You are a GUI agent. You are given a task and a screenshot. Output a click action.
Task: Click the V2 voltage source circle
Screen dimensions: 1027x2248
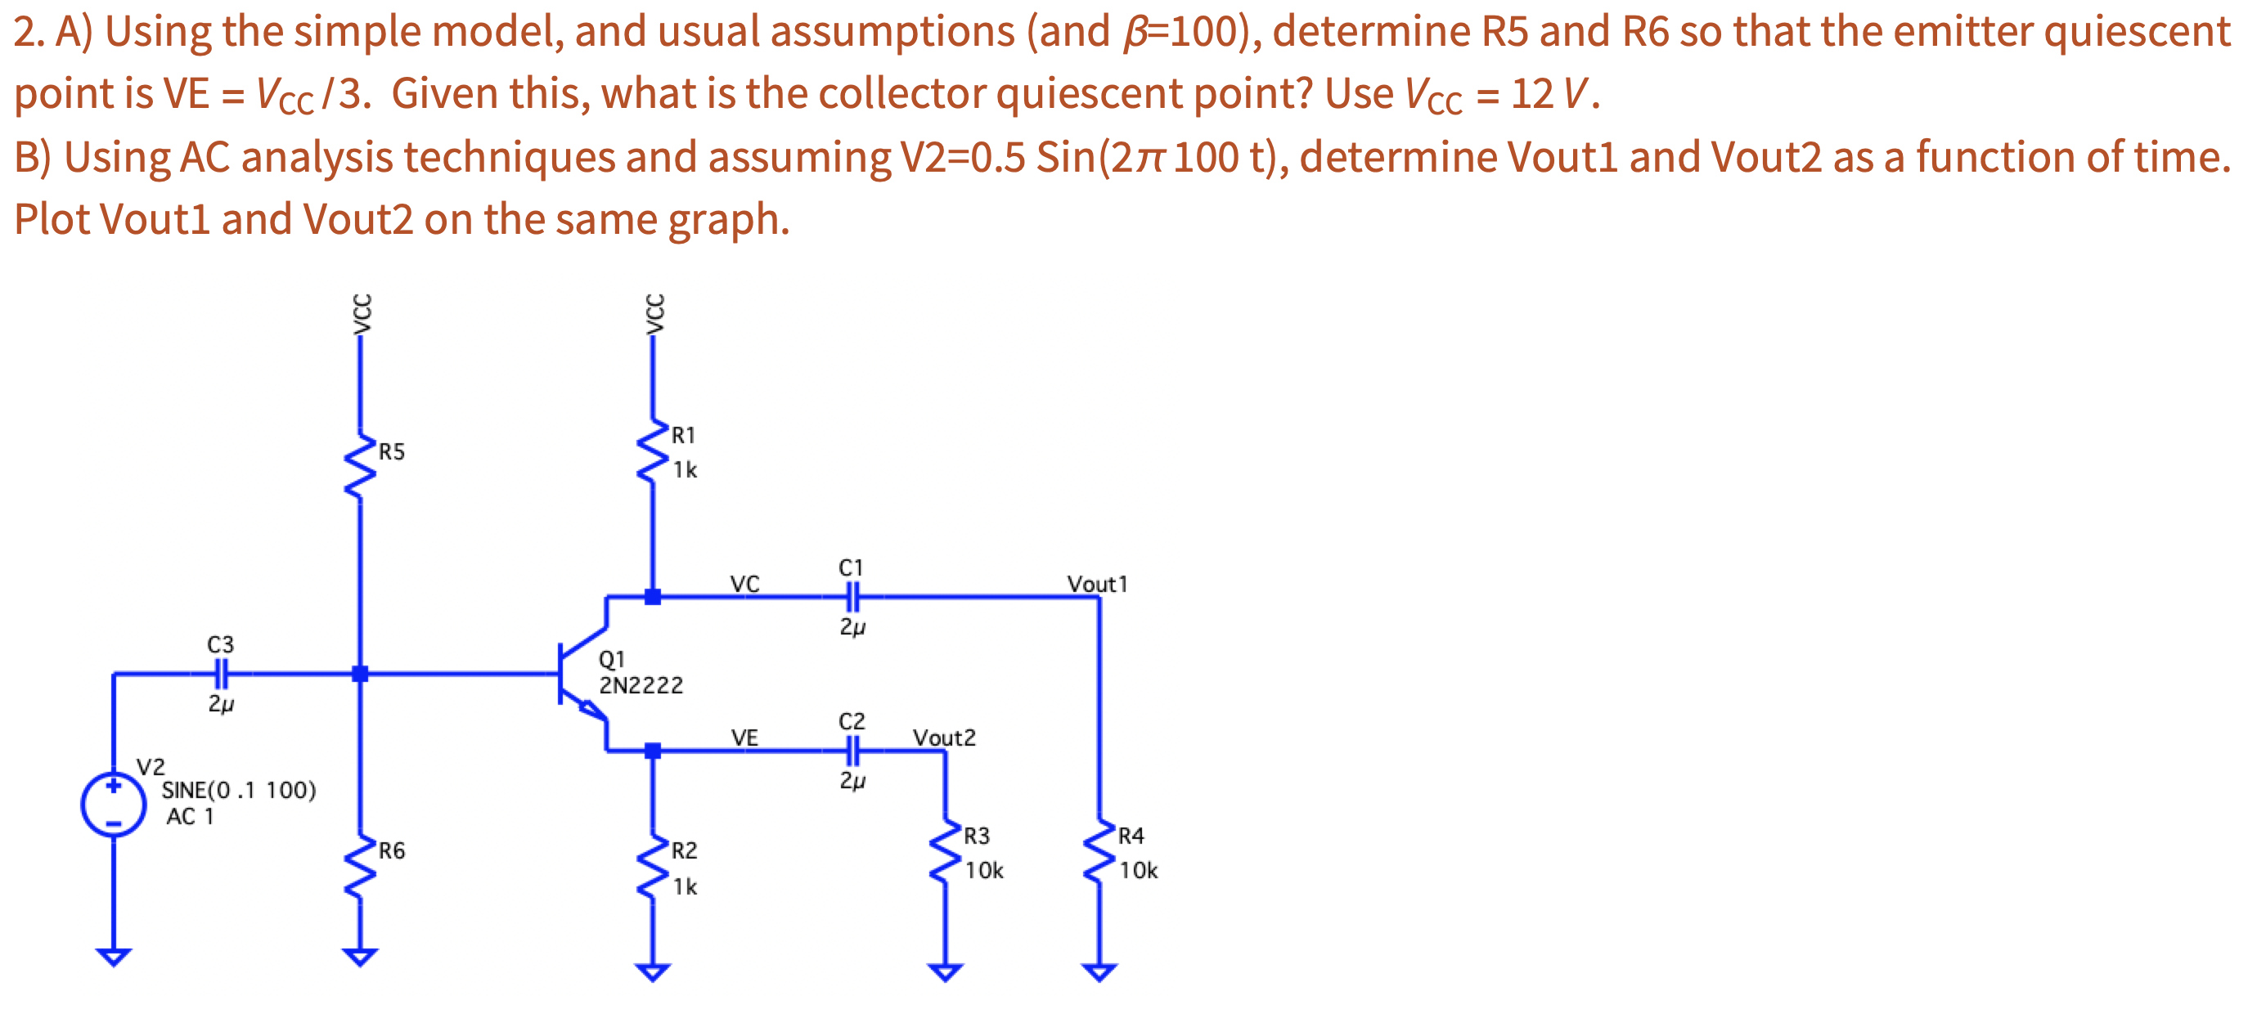tap(114, 804)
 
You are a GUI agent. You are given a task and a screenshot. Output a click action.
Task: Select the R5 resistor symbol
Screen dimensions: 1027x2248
tap(360, 464)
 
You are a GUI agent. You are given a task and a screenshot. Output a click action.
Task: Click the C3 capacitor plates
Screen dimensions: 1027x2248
tap(222, 673)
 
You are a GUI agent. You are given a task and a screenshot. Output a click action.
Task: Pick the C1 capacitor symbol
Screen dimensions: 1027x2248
tap(852, 597)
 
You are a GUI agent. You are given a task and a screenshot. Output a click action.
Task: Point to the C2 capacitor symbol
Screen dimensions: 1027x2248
tap(852, 750)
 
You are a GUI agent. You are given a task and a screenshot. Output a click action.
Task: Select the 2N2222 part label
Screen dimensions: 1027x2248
tap(641, 686)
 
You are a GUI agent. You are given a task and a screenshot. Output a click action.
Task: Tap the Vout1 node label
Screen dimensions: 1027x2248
tap(1097, 584)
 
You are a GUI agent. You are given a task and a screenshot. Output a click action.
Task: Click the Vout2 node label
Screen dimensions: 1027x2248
tap(944, 738)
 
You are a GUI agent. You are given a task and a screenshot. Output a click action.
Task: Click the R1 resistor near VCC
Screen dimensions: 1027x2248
tap(653, 451)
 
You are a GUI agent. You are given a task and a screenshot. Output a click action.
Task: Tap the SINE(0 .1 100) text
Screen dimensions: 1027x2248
tap(238, 790)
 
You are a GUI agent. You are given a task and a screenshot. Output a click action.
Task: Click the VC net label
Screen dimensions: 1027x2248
tap(744, 584)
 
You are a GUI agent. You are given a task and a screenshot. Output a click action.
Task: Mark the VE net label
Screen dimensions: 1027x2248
tap(744, 738)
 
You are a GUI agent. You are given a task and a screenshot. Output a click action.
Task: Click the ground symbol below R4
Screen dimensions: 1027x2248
tap(1099, 971)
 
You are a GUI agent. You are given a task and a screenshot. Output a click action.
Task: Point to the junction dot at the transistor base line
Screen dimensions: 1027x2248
tap(360, 673)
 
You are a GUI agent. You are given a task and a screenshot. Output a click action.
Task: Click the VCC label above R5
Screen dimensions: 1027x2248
tap(362, 313)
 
